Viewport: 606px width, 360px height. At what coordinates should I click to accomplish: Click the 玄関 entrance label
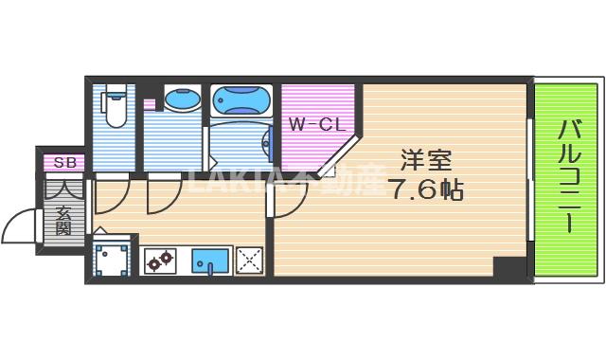63,220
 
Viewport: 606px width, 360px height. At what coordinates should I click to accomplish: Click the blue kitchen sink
209,259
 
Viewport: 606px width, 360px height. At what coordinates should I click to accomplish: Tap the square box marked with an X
249,259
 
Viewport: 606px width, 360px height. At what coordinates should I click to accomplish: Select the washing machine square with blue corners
112,260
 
